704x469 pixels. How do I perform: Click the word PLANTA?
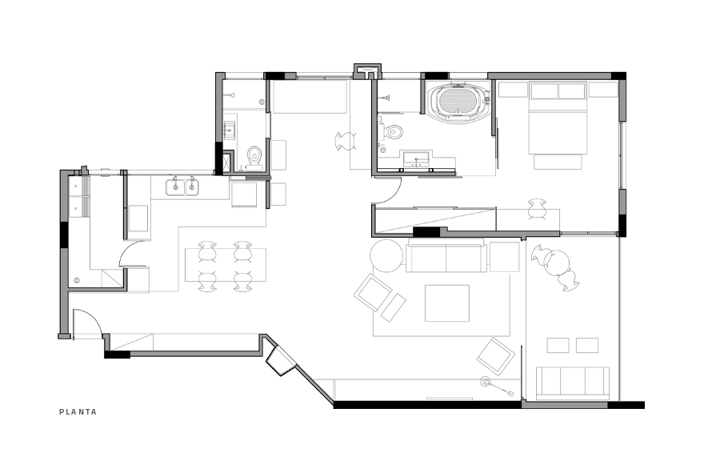click(x=78, y=412)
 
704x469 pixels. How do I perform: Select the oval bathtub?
click(x=458, y=102)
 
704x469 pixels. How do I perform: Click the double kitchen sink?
click(x=184, y=187)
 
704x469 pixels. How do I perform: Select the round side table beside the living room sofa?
click(x=386, y=256)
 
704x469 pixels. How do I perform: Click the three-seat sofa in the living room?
click(x=446, y=256)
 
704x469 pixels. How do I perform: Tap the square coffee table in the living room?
click(x=447, y=303)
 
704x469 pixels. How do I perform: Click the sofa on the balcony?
click(x=572, y=382)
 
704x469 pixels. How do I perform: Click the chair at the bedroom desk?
click(x=537, y=207)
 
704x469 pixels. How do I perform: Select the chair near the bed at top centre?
click(x=345, y=141)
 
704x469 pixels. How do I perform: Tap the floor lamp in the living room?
click(x=486, y=382)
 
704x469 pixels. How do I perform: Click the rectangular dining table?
click(x=226, y=265)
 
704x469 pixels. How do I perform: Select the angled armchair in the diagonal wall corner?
click(x=281, y=360)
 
